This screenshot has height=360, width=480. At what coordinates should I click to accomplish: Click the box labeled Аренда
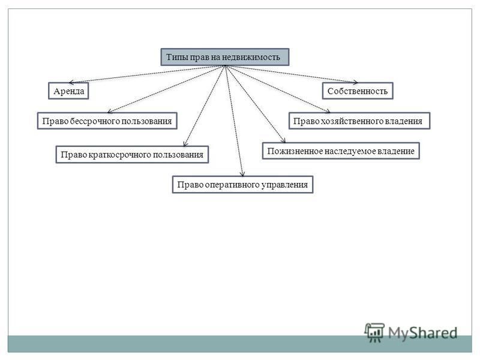(x=68, y=91)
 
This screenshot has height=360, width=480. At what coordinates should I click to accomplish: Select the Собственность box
(x=358, y=91)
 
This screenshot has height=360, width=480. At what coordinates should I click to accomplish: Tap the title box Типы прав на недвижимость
(x=225, y=57)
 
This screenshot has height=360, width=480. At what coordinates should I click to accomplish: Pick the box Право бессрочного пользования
(x=107, y=121)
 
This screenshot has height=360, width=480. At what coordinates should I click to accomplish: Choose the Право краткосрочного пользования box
(x=132, y=154)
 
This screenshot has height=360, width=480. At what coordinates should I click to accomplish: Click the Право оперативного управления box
(x=243, y=185)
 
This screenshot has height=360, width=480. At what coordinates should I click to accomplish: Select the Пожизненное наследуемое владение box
(x=341, y=151)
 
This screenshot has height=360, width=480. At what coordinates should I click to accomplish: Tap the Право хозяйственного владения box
(x=359, y=121)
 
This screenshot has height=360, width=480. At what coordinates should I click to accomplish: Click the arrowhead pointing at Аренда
(x=71, y=82)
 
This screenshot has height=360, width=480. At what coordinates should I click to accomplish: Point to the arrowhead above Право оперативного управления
(x=242, y=173)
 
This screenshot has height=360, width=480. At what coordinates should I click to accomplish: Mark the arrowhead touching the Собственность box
(x=355, y=82)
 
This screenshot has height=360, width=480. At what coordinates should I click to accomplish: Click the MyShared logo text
(x=423, y=333)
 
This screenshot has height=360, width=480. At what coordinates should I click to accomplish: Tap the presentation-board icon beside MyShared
(x=374, y=332)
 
